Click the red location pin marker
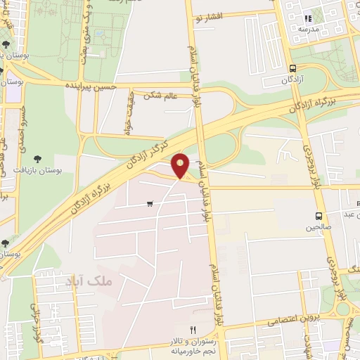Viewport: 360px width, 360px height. [x=181, y=166]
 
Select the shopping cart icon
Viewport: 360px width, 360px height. [x=150, y=204]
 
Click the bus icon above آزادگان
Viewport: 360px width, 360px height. [x=292, y=68]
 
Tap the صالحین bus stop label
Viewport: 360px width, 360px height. [x=318, y=227]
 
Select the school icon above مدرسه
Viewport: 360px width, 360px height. [x=307, y=18]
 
